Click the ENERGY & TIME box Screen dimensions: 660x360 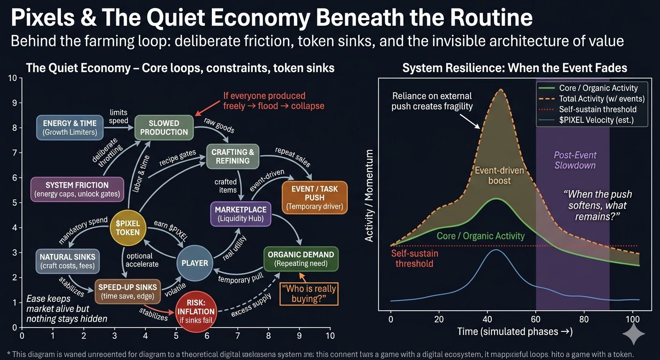70,127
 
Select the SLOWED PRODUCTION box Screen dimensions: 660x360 164,127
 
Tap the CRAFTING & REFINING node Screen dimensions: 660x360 232,156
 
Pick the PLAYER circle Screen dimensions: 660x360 195,263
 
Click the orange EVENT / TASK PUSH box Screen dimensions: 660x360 314,197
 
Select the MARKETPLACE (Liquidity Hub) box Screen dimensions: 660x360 240,214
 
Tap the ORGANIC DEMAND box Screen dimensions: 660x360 300,259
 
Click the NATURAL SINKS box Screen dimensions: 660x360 67,261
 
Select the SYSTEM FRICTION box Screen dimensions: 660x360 77,189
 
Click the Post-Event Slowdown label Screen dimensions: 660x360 575,160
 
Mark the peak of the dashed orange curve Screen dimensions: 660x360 501,89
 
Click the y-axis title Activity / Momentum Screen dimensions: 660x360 369,196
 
